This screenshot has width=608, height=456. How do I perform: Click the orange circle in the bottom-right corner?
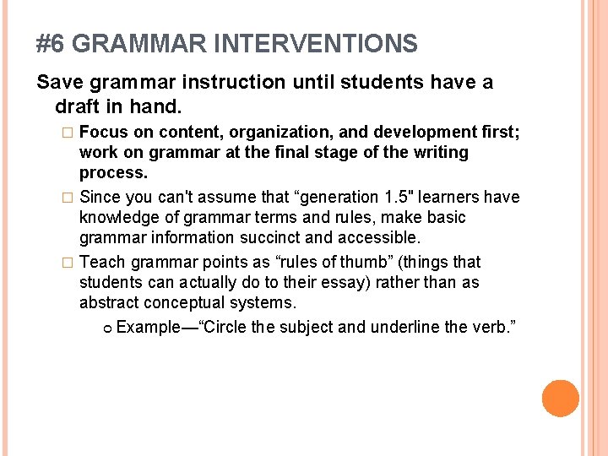[560, 399]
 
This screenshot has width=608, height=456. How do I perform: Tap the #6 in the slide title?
[52, 44]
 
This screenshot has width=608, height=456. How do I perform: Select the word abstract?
[110, 303]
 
